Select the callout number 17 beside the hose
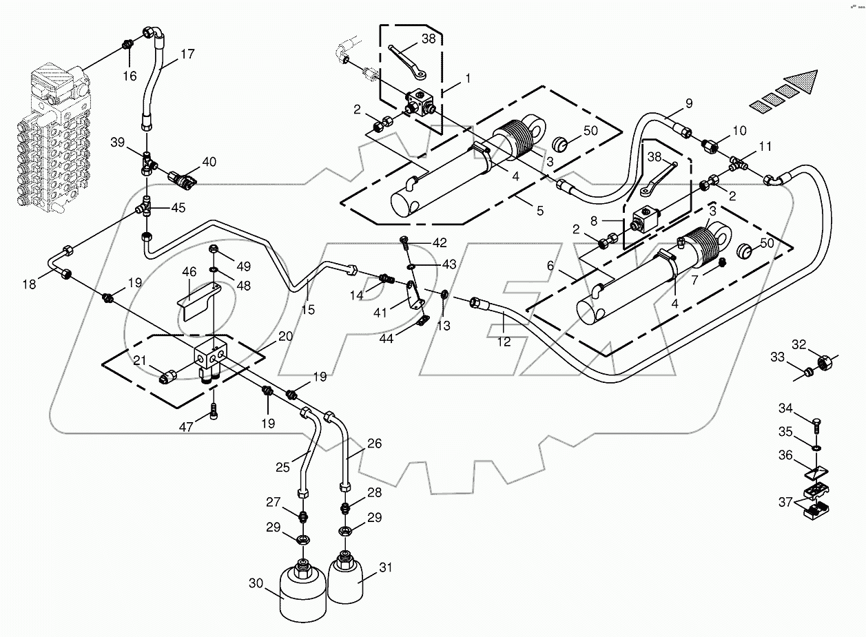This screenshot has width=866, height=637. click(x=187, y=54)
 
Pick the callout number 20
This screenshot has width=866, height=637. click(x=285, y=336)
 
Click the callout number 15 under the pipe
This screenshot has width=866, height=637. click(x=307, y=310)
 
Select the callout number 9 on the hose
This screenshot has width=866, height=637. click(x=688, y=105)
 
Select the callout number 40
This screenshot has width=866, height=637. click(x=208, y=163)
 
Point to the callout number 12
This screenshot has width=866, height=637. click(x=505, y=342)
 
